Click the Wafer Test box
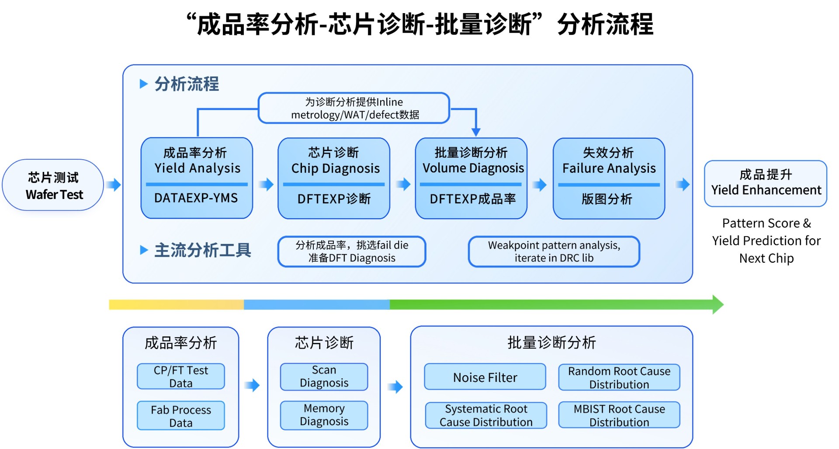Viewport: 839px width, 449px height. point(53,185)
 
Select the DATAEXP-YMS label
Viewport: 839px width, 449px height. point(196,199)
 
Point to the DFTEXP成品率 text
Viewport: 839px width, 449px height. point(472,199)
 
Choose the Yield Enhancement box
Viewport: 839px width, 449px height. point(766,183)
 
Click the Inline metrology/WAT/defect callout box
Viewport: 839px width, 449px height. point(354,108)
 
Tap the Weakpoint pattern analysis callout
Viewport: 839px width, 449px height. point(554,251)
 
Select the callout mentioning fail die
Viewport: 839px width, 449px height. point(352,251)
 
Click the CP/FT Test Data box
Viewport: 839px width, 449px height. point(181,377)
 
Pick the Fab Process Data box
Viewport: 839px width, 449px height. point(181,416)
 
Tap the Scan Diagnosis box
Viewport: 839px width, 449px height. point(324,377)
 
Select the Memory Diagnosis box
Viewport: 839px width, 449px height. point(324,415)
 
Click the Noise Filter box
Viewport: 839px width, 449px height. point(485,377)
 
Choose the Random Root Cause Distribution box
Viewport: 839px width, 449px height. point(619,377)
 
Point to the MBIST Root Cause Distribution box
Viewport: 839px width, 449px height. point(619,415)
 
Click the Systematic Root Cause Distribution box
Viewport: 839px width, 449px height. point(486,415)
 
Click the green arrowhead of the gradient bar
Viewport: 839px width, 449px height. point(718,305)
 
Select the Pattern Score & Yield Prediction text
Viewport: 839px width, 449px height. point(766,240)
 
